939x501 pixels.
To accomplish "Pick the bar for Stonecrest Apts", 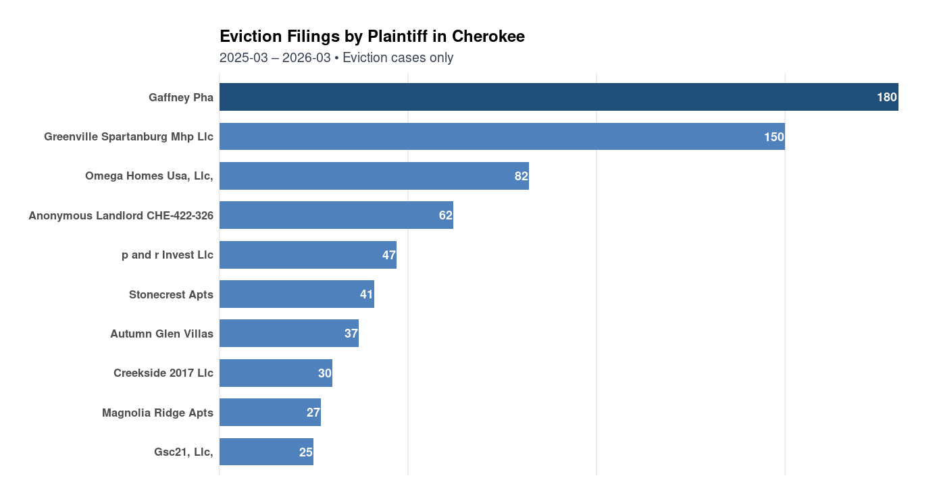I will pos(297,294).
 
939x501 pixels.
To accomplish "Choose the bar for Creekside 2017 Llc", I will pos(276,373).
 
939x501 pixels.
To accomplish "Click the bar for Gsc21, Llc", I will pos(266,452).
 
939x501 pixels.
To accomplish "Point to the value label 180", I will pos(886,97).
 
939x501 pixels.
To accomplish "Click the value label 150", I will pos(773,137).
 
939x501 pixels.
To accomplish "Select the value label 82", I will pos(521,176).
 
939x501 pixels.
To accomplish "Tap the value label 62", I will pos(445,215).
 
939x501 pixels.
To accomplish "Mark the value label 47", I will pos(388,255).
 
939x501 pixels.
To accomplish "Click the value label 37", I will pos(351,334).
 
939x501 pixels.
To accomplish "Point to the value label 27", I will pos(313,413).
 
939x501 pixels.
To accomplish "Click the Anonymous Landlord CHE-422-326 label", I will pos(121,215).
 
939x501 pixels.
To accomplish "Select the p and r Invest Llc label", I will pos(167,255).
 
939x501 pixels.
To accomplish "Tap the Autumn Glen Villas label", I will pos(161,334).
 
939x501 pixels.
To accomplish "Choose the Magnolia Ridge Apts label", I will pos(157,413).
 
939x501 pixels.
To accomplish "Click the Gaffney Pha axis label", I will pos(180,97).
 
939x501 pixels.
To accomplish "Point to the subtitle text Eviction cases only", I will pos(398,58).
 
